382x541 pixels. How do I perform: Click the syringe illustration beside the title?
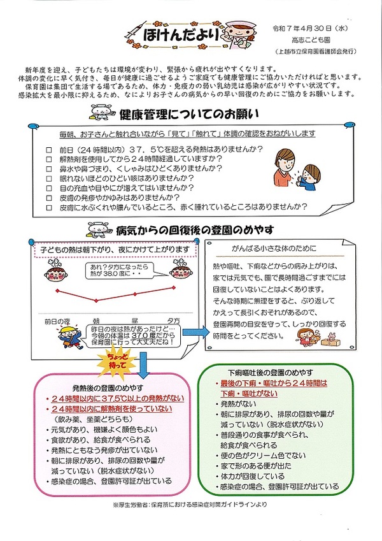135,30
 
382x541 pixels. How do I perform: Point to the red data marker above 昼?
136,294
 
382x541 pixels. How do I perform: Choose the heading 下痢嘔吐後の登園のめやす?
272,373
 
